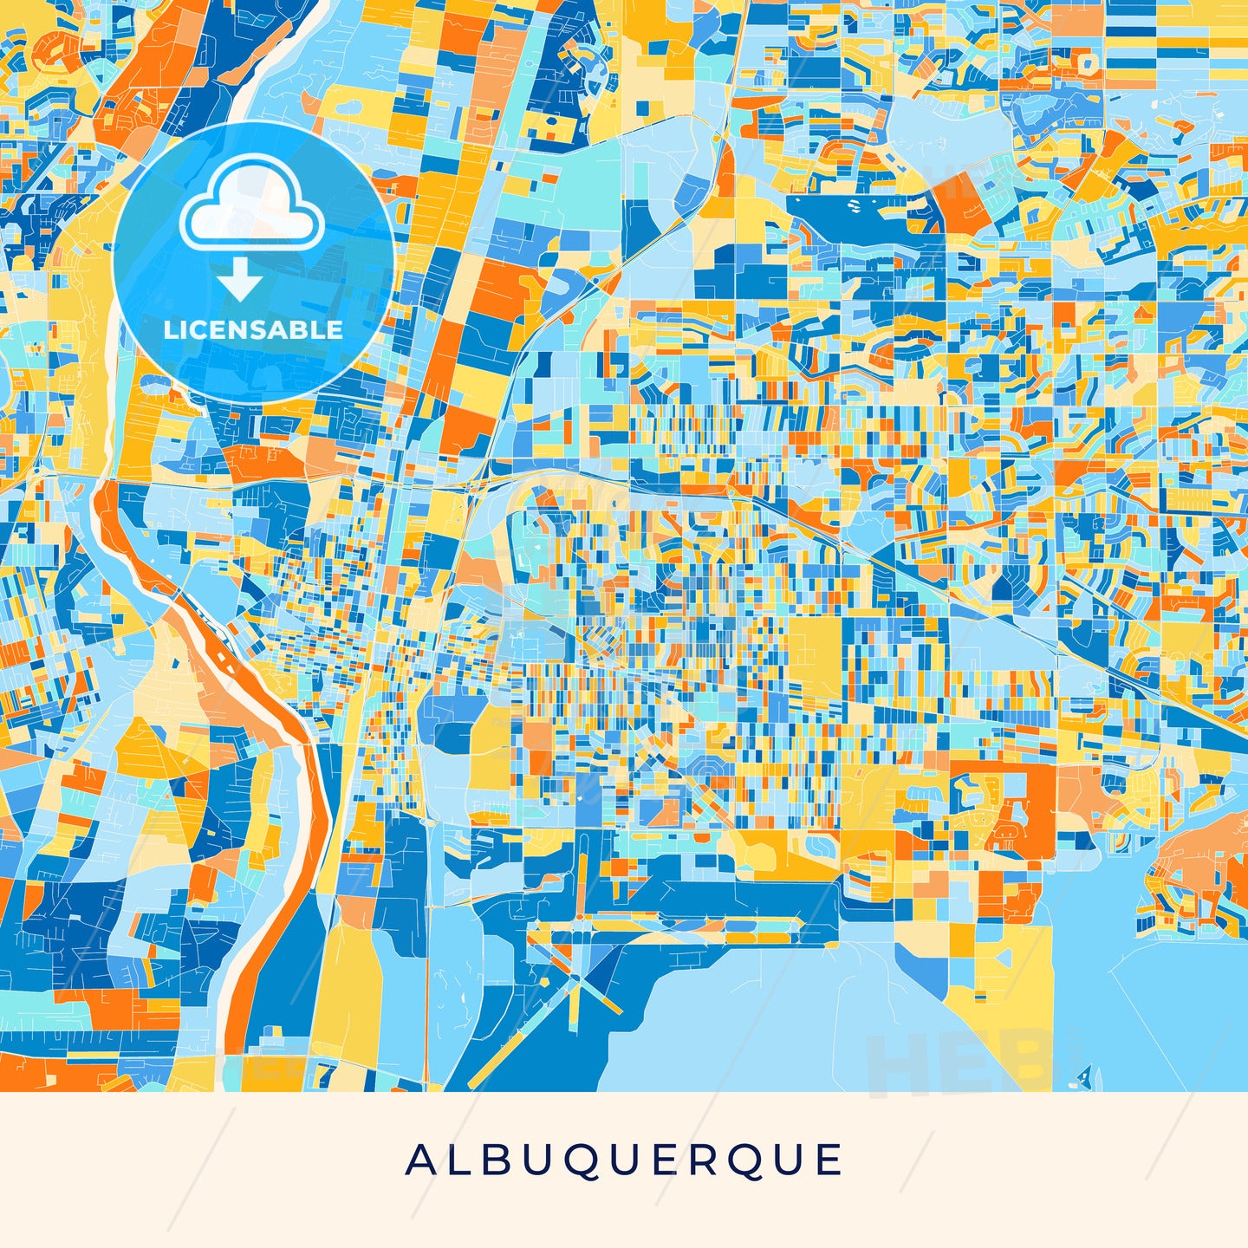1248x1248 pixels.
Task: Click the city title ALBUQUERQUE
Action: pos(624,1160)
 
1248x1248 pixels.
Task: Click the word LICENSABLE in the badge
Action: pos(253,330)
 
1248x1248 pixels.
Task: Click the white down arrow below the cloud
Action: pos(240,280)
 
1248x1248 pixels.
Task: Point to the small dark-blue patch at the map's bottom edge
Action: pos(1082,1078)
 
